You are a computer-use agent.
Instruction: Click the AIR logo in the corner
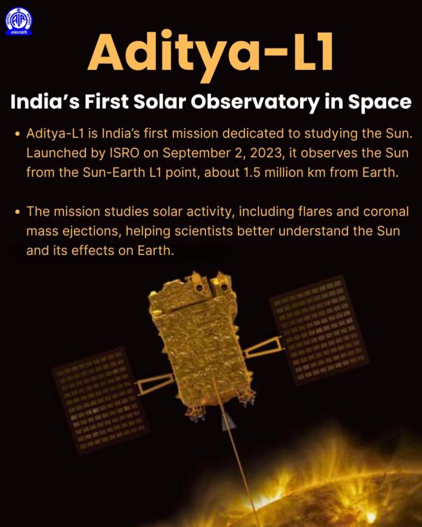pyautogui.click(x=19, y=21)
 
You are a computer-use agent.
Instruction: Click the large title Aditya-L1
pyautogui.click(x=211, y=54)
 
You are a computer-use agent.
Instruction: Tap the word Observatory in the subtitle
pyautogui.click(x=255, y=102)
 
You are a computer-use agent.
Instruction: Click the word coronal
pyautogui.click(x=386, y=212)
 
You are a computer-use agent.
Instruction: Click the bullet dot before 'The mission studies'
pyautogui.click(x=18, y=212)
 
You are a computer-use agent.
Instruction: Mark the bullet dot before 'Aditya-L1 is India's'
pyautogui.click(x=18, y=134)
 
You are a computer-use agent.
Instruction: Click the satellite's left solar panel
pyautogui.click(x=100, y=400)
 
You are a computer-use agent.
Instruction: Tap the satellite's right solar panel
pyautogui.click(x=319, y=330)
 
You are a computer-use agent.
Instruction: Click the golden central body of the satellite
pyautogui.click(x=201, y=339)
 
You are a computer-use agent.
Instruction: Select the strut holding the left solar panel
pyautogui.click(x=155, y=383)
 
